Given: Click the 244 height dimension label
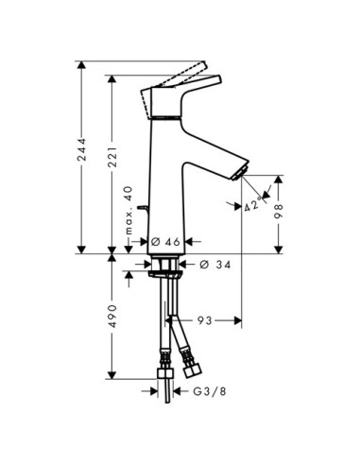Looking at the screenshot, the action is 82,149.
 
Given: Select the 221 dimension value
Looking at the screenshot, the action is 112,157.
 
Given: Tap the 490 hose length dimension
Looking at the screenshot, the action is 112,316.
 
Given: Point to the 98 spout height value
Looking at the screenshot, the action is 279,211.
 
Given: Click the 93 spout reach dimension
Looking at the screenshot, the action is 205,320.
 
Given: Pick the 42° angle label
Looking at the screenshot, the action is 253,204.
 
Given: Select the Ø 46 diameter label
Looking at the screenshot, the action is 165,242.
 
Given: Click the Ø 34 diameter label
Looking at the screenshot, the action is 215,264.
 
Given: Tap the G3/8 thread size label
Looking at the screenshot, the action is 210,391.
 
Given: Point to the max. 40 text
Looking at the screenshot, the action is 129,211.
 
